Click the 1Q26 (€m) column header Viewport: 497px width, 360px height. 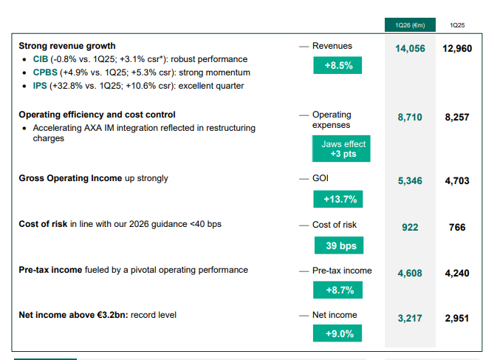[x=410, y=24]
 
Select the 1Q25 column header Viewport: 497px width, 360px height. [x=456, y=24]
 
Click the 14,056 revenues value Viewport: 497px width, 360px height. [x=410, y=49]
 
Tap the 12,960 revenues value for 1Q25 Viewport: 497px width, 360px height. [x=457, y=49]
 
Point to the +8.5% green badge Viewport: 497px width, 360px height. [x=338, y=66]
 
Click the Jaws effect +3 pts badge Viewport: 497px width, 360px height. [x=340, y=149]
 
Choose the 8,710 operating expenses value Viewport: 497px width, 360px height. [x=410, y=118]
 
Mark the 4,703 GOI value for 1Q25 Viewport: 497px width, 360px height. [x=457, y=180]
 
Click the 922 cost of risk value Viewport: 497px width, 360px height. [x=410, y=227]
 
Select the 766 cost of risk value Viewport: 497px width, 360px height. [x=457, y=227]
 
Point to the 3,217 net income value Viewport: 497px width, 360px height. [x=410, y=319]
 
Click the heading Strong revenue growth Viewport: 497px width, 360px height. [x=67, y=46]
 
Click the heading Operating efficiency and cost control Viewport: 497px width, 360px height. [x=97, y=115]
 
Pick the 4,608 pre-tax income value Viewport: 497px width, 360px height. [x=410, y=273]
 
